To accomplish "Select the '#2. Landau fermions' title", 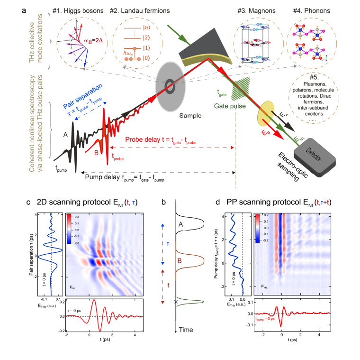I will [140, 10].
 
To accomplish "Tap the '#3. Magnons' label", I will [251, 10].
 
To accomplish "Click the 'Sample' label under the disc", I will [179, 115].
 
